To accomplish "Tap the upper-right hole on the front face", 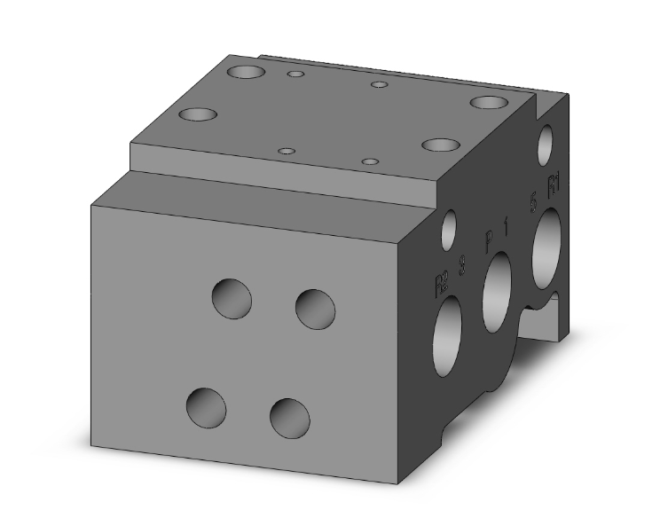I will pos(315,308).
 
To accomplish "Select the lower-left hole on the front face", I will pos(206,406).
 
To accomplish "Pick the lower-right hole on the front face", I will pos(289,416).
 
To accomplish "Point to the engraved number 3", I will pos(462,264).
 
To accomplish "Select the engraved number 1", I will pos(507,226).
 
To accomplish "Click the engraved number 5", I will pos(533,202).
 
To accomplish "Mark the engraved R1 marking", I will pos(554,186).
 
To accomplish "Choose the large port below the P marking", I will pos(497,292).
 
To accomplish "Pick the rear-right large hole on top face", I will pos(489,102).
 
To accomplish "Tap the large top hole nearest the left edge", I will pos(199,114).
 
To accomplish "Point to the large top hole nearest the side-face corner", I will pos(440,145).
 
